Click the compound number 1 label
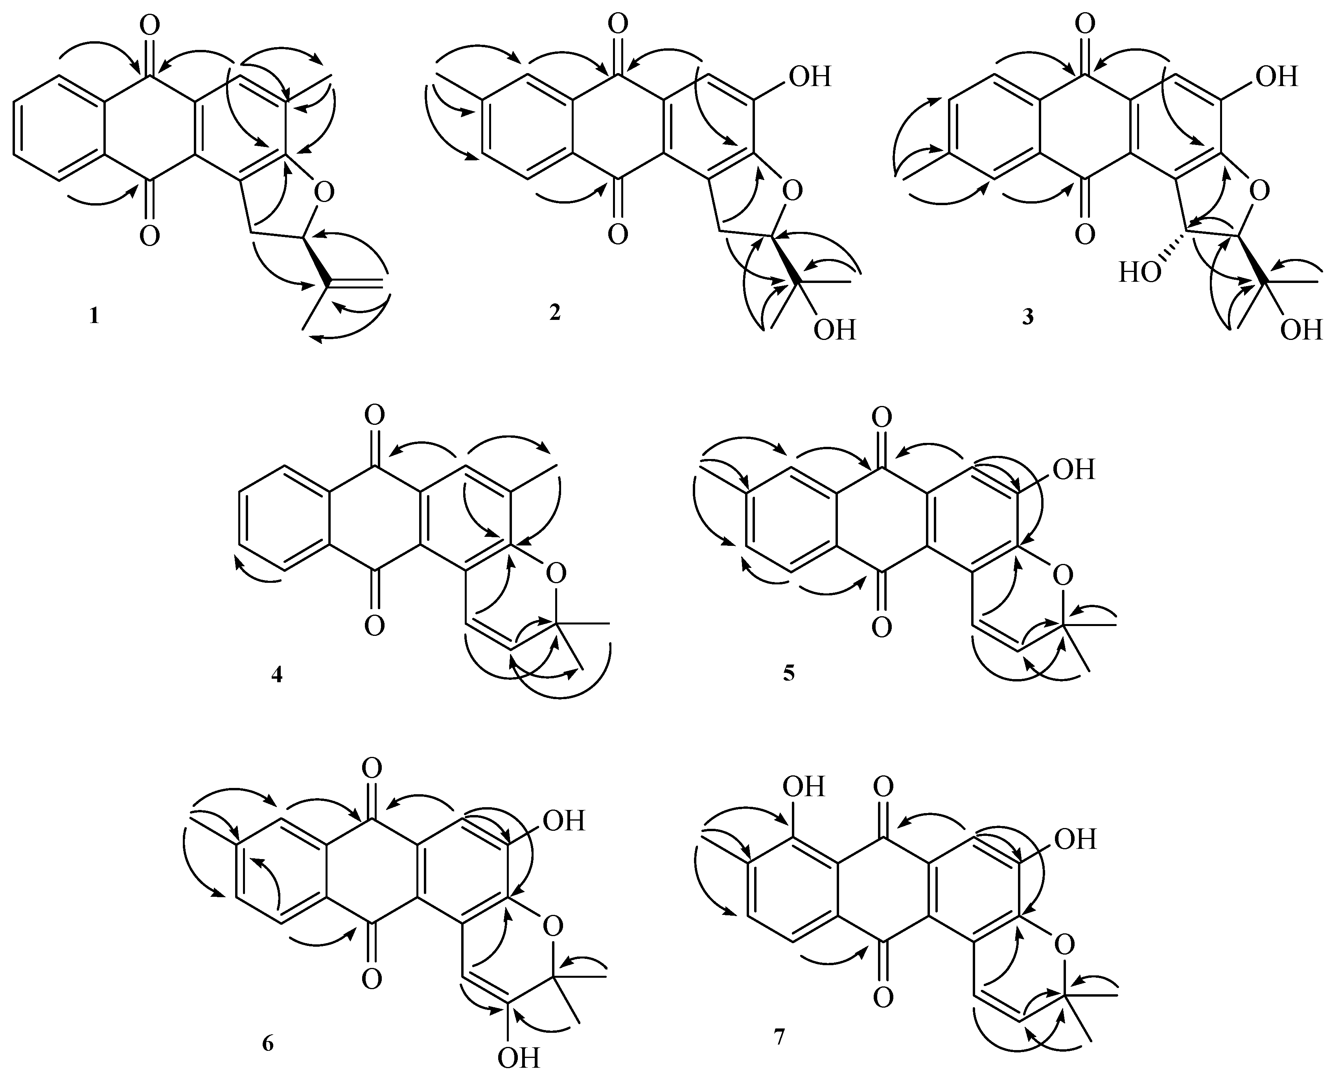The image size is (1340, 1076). point(94,317)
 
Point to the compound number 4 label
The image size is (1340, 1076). point(276,674)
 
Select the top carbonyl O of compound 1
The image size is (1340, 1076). point(149,26)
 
